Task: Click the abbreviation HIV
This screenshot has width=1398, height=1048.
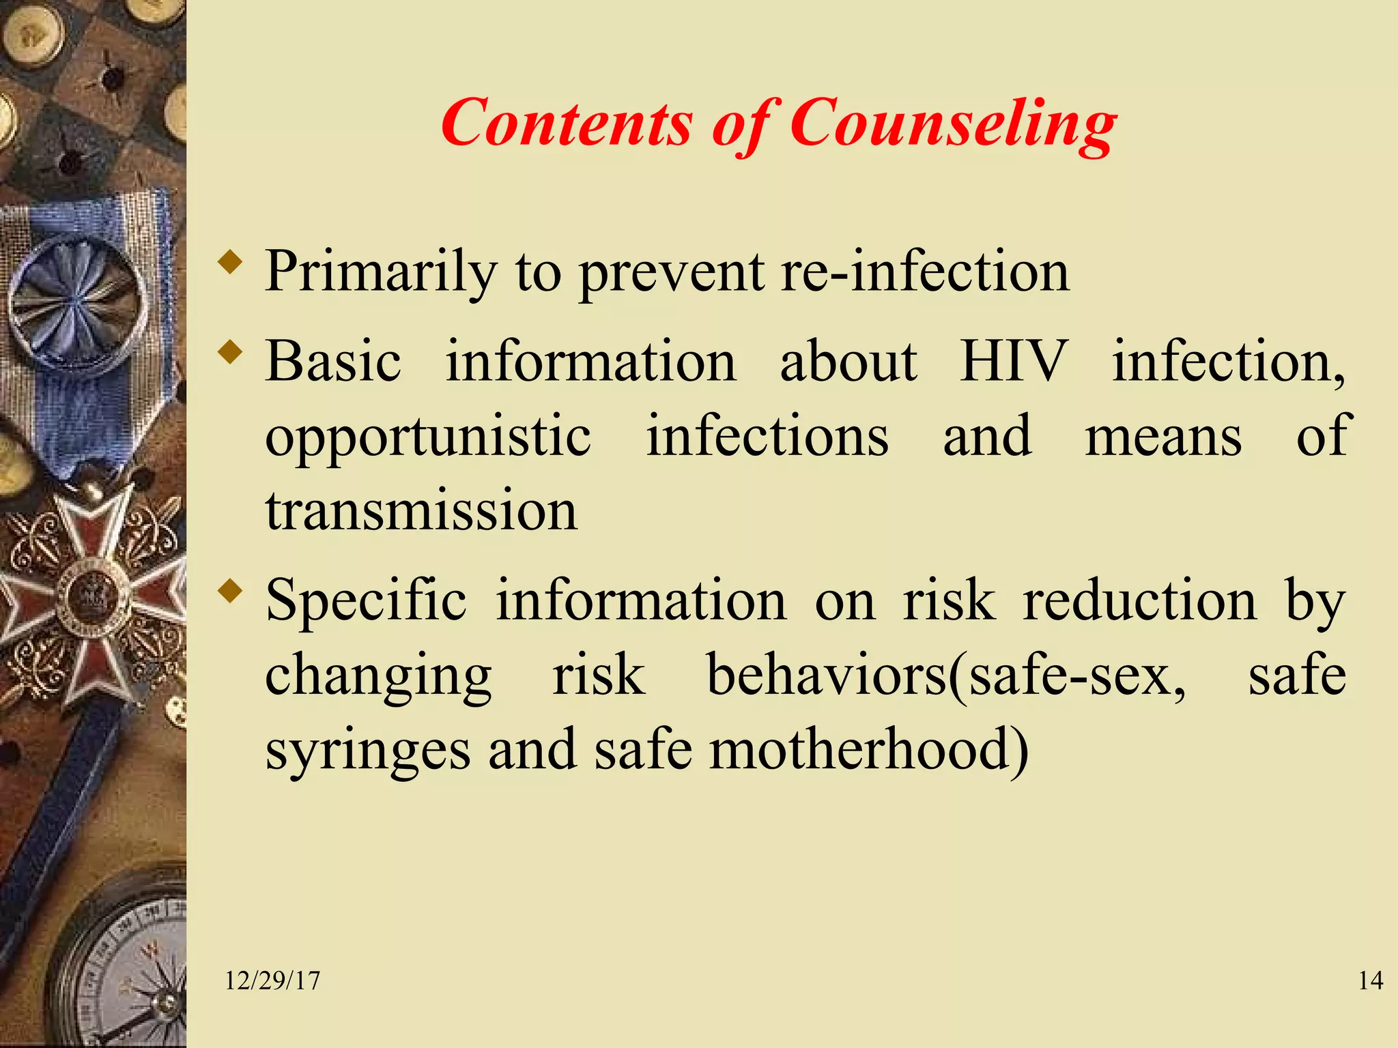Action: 1014,362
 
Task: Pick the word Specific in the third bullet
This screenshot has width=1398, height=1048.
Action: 366,600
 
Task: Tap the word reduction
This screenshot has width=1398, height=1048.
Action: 1139,600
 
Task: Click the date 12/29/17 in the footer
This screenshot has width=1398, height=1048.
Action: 272,981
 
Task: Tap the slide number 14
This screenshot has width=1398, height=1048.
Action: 1370,981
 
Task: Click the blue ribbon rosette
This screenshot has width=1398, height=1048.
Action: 76,300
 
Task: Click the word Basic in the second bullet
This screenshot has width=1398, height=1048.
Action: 333,362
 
